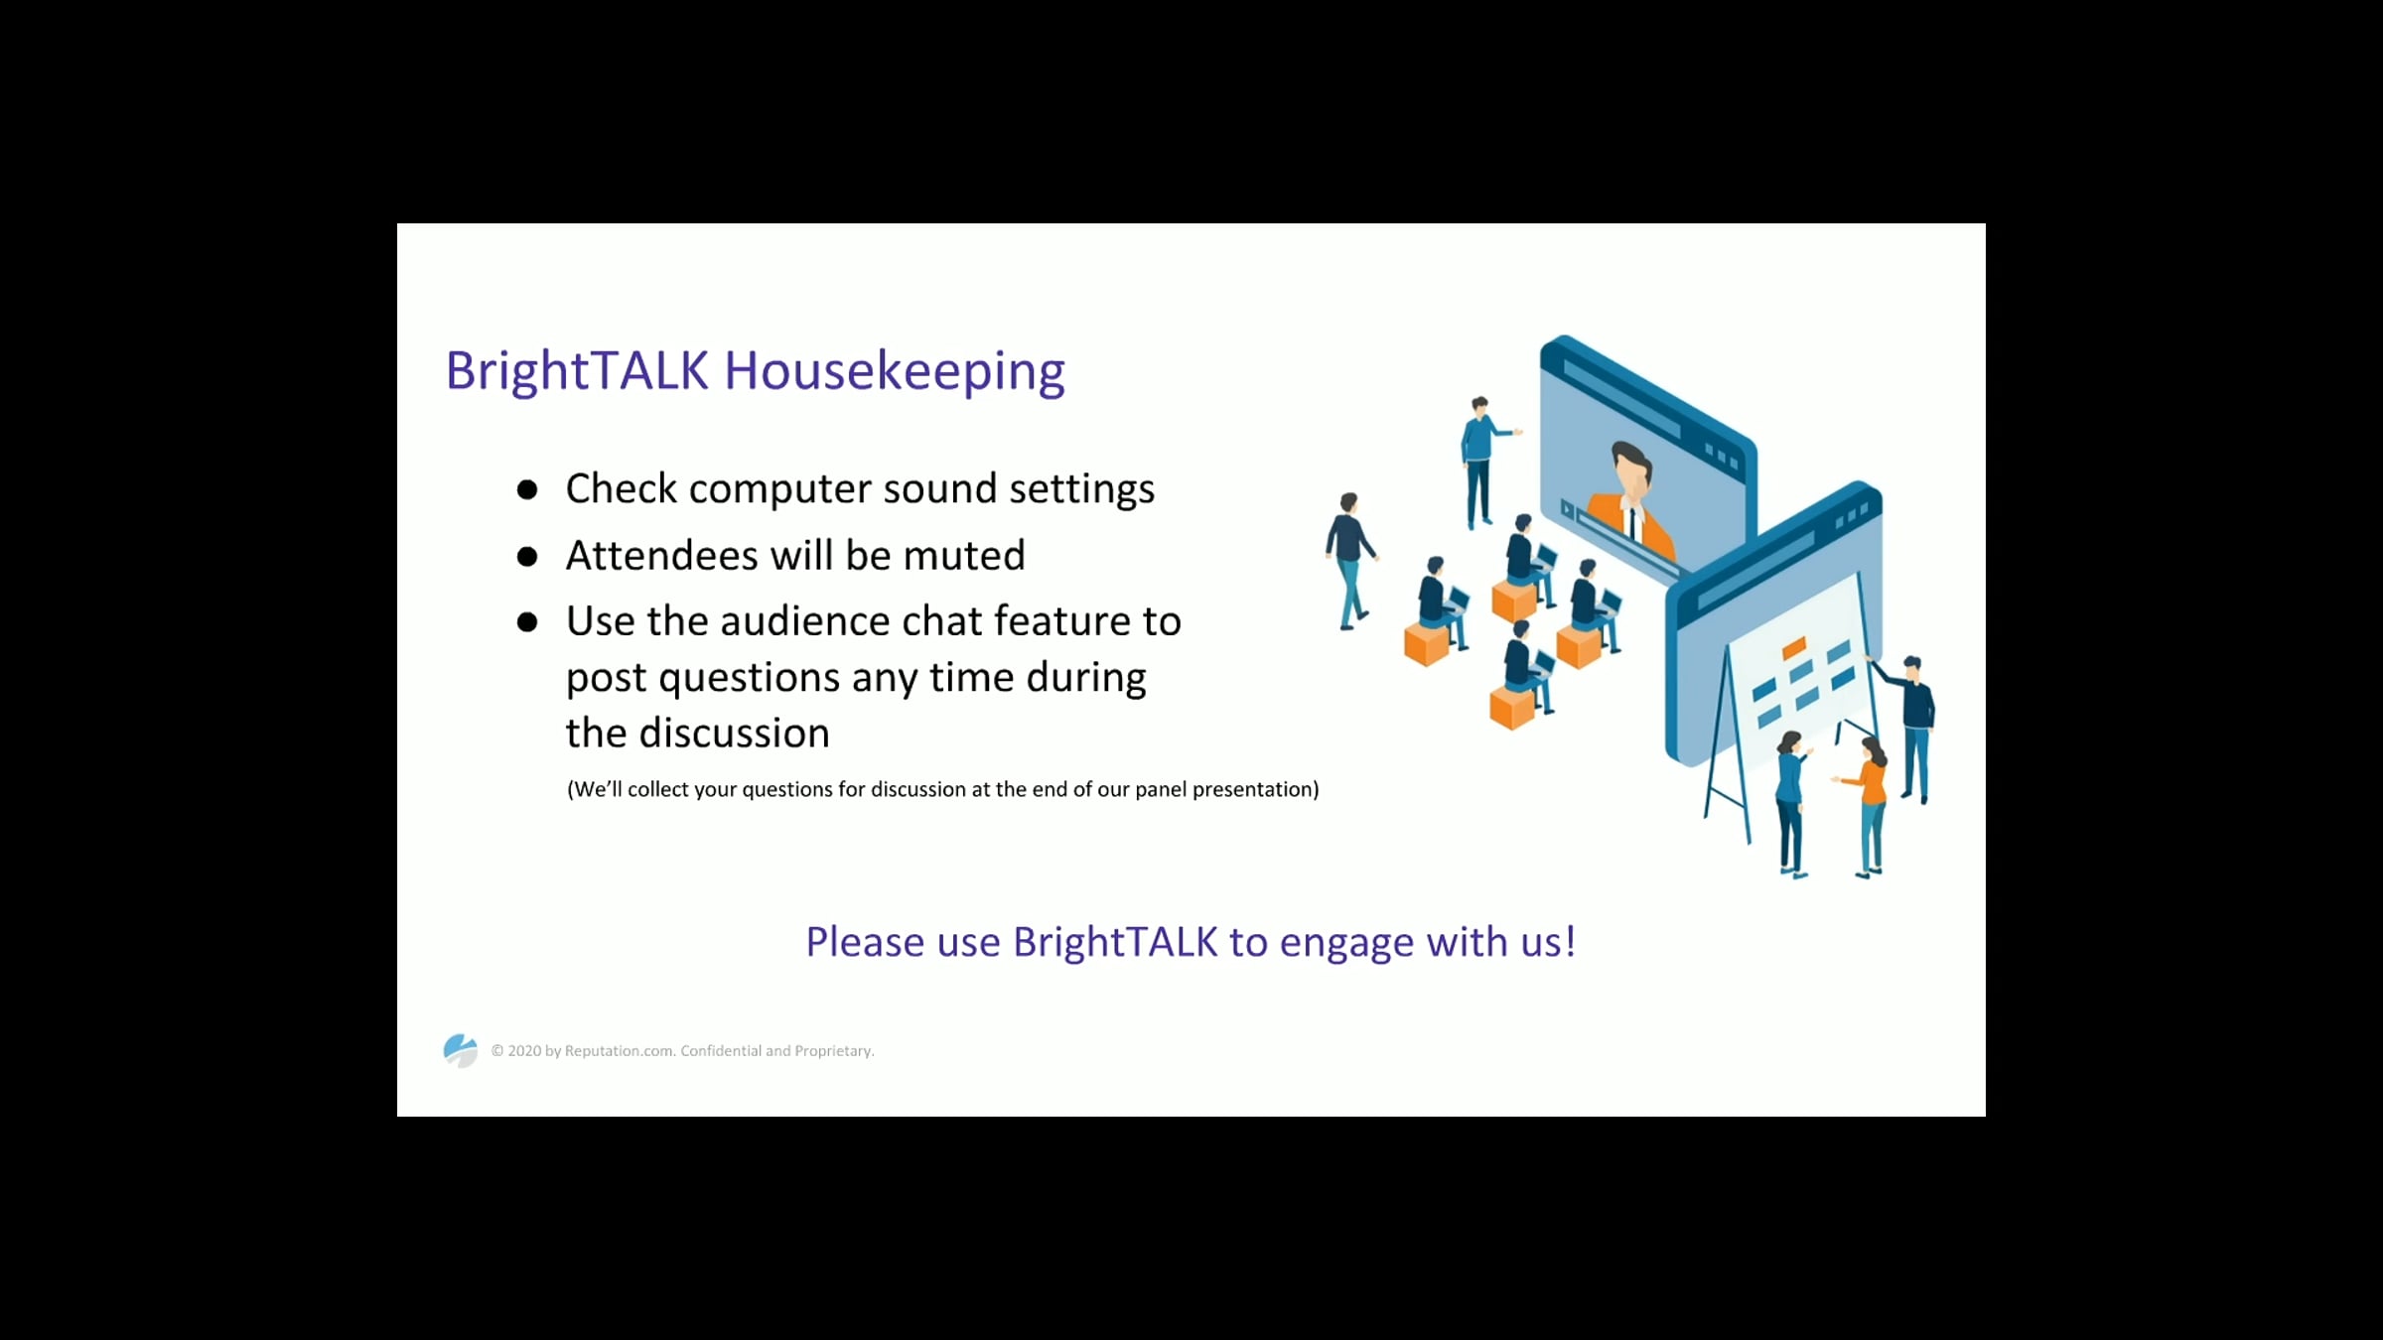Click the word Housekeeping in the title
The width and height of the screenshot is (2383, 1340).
tap(895, 372)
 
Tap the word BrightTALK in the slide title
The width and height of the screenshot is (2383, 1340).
tap(577, 372)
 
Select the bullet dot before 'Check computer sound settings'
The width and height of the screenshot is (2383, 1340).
tap(527, 489)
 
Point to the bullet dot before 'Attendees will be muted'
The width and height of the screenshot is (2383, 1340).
tap(527, 556)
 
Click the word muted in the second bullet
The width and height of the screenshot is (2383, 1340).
tap(964, 555)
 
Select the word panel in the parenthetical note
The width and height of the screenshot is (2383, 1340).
tap(1160, 789)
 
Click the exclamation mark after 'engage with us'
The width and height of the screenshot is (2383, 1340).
tap(1570, 941)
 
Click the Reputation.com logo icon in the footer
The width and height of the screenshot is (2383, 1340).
tap(460, 1050)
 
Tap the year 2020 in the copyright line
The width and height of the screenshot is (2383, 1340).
tap(524, 1050)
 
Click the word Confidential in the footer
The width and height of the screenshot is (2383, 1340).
tap(720, 1050)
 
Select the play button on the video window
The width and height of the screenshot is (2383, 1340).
tap(1568, 509)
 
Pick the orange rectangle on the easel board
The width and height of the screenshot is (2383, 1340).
tap(1793, 649)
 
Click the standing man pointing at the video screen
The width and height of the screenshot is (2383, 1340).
tap(1483, 462)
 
